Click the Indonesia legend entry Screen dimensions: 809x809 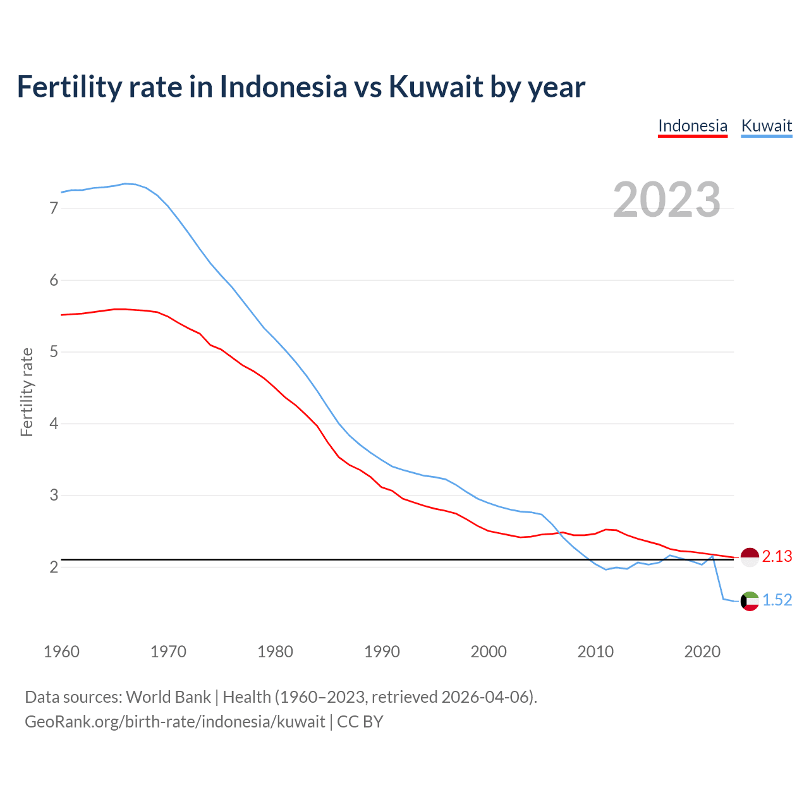coord(693,126)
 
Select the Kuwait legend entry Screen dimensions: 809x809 coord(766,126)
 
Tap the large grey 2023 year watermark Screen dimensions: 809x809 coord(667,200)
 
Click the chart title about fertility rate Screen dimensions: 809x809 coord(301,87)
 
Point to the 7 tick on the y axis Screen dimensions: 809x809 coord(54,208)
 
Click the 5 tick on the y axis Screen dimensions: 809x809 coord(54,351)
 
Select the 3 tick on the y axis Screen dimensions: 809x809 coord(54,495)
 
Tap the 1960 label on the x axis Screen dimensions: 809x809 coord(61,652)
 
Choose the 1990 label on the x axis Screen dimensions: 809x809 coord(382,652)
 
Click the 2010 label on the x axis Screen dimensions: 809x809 coord(595,652)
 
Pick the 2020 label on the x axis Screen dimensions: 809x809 coord(702,652)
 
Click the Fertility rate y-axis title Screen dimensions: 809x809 coord(27,392)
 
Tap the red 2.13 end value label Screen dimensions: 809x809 coord(777,557)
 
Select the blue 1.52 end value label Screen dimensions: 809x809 coord(777,600)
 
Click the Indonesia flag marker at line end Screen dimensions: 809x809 coord(750,557)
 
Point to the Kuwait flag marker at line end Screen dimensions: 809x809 coord(750,601)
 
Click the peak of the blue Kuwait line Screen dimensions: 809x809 coord(125,183)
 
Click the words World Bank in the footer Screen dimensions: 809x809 coord(168,697)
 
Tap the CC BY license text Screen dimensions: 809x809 coord(360,722)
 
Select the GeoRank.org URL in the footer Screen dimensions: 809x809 coord(174,722)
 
